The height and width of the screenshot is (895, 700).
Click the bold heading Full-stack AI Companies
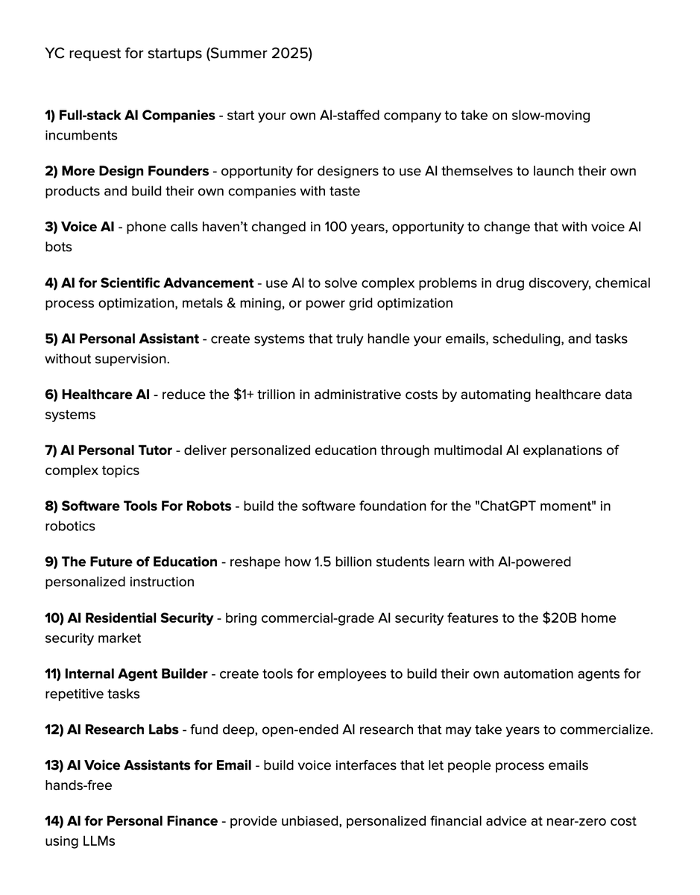[136, 116]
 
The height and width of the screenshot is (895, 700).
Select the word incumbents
[81, 135]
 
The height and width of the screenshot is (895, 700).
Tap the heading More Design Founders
[135, 172]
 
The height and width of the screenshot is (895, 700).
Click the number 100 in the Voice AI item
[335, 227]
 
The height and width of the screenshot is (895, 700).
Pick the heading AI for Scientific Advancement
[157, 283]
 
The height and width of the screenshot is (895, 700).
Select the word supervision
[132, 359]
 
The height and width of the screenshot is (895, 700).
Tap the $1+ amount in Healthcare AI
[242, 395]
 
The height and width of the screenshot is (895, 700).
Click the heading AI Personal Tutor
[116, 450]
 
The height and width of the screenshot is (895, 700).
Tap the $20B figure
[558, 618]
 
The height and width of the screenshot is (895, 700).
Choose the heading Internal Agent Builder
[136, 674]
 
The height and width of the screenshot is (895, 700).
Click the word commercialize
[605, 729]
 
